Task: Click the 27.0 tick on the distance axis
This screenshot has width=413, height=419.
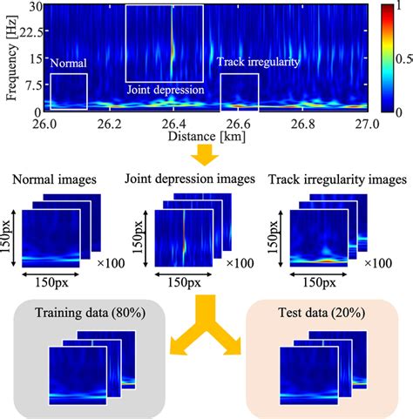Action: pos(367,125)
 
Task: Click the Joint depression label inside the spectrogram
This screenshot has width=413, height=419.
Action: pos(165,90)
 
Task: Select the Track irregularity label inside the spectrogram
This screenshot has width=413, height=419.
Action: pos(259,64)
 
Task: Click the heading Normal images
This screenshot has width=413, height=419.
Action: pos(52,180)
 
